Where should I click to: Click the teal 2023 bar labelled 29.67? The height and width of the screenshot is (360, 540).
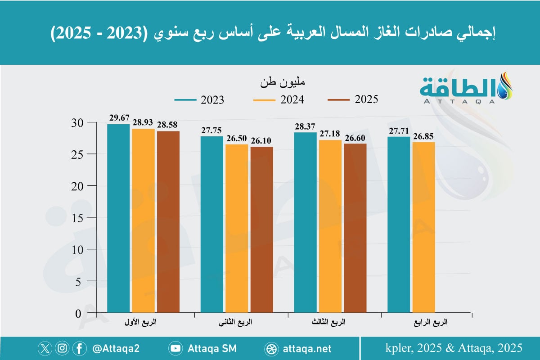point(119,218)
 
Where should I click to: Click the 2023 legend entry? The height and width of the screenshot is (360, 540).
point(198,100)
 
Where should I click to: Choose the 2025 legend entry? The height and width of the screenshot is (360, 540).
point(353,100)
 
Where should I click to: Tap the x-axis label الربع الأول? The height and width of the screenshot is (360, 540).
point(144,323)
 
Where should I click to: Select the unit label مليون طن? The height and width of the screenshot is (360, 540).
point(284,83)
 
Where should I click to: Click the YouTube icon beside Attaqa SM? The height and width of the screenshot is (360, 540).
point(175,348)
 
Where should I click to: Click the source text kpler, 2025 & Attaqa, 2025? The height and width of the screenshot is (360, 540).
point(454,348)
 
